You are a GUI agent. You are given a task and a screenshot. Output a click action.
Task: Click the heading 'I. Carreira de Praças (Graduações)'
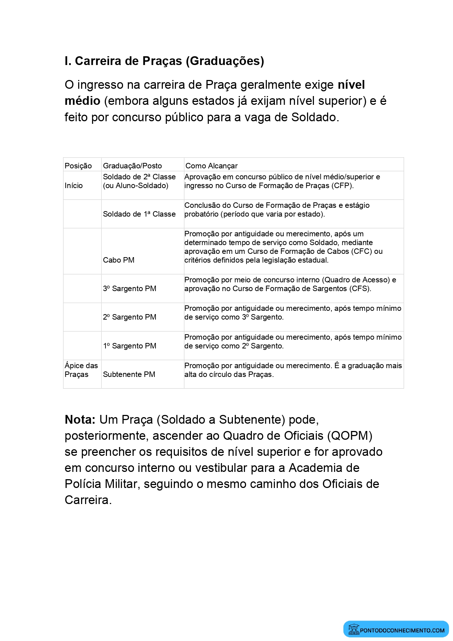[x=164, y=61]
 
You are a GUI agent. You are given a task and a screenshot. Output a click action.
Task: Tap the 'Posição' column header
[x=78, y=166]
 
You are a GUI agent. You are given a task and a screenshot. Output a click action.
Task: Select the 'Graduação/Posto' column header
[x=132, y=166]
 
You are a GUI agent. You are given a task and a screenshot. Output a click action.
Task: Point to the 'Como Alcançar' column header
[x=211, y=166]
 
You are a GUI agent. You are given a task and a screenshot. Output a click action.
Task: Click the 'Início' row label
[x=74, y=186]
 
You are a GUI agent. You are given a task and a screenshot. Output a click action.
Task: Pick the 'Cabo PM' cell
[x=119, y=260]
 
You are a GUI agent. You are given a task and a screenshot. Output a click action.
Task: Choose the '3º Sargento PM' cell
[x=130, y=289]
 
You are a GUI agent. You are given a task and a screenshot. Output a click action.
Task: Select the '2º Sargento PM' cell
[x=130, y=317]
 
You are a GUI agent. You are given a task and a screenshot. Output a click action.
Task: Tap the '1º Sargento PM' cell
[x=130, y=346]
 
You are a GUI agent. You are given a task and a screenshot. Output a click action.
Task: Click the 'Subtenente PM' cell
[x=129, y=374]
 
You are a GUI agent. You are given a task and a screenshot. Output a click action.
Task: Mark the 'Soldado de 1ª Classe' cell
[x=139, y=214]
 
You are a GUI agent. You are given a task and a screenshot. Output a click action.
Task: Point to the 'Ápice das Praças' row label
[x=81, y=370]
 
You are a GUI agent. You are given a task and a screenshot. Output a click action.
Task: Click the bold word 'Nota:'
[x=80, y=420]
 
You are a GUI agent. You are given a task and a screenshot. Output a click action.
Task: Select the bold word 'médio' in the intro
[x=82, y=101]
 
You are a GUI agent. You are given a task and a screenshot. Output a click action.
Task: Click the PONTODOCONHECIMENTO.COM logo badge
[x=396, y=630]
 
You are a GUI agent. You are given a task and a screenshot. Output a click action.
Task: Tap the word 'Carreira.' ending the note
[x=88, y=500]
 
